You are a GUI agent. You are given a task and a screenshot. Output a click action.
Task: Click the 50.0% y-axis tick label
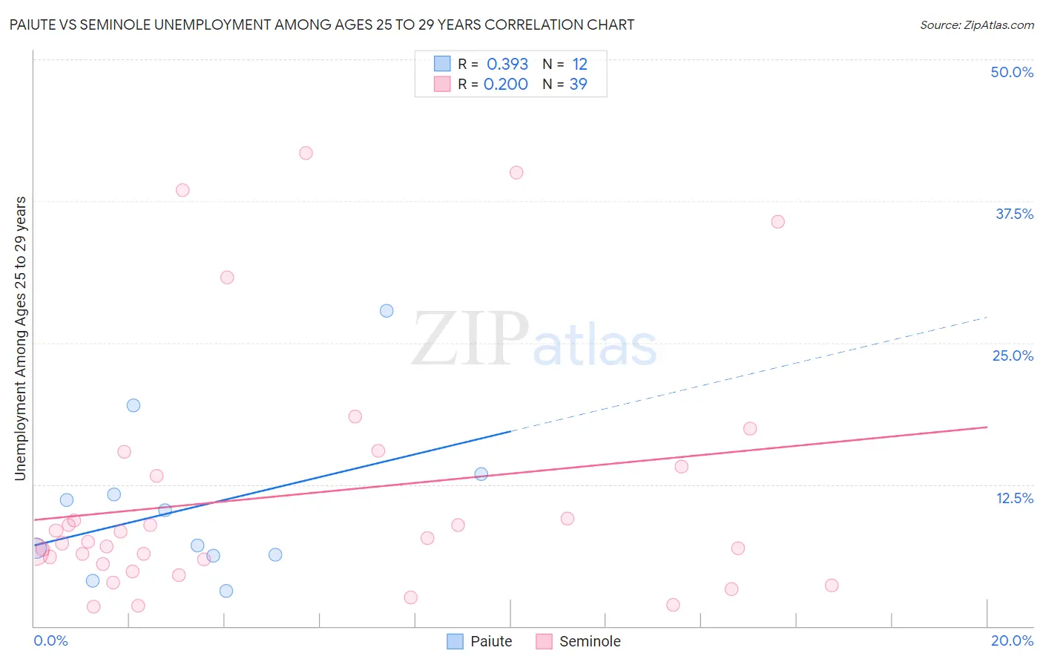[x=1012, y=72]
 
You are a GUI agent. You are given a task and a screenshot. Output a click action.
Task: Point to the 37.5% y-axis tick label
[x=1014, y=214]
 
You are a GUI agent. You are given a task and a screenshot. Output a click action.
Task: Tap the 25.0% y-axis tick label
[x=1013, y=355]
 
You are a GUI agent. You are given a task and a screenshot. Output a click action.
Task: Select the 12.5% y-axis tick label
[x=1014, y=498]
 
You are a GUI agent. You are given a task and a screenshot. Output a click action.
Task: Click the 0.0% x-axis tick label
[x=50, y=640]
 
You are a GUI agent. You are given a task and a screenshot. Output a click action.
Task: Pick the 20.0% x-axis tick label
[x=1012, y=640]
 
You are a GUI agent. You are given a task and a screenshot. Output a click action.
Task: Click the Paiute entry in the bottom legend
[x=480, y=641]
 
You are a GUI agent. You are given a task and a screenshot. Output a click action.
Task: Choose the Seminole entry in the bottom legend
[x=579, y=641]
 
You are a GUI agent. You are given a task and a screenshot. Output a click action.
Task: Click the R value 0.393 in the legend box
[x=507, y=65]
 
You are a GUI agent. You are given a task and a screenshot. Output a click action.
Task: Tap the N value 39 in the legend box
[x=578, y=85]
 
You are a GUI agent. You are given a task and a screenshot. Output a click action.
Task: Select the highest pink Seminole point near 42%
[x=306, y=153]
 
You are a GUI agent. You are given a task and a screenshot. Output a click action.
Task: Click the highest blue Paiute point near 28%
[x=386, y=311]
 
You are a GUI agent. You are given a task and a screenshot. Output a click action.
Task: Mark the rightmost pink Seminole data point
[x=832, y=586]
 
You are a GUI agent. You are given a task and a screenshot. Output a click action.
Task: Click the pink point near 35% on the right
[x=777, y=222]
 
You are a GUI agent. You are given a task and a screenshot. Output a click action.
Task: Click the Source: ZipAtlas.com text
[x=976, y=25]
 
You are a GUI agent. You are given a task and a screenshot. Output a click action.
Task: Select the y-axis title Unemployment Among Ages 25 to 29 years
[x=20, y=338]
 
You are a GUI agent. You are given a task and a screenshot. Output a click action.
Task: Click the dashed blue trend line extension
[x=749, y=373]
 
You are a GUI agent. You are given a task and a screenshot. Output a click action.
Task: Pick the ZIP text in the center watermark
[x=470, y=340]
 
